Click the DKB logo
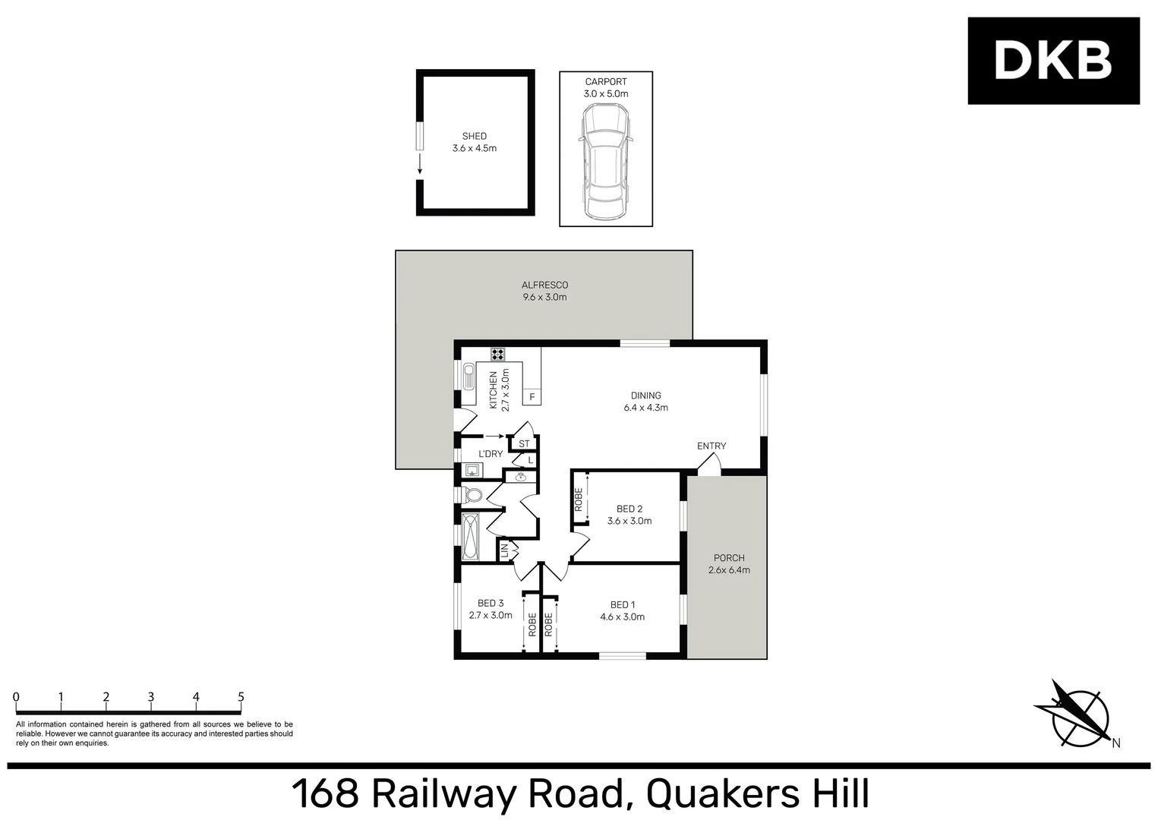click(1053, 61)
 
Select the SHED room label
click(475, 137)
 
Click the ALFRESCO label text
click(544, 285)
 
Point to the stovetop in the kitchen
click(498, 354)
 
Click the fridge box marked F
click(532, 397)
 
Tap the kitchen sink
click(469, 377)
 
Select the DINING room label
click(645, 396)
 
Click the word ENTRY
click(711, 446)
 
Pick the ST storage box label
click(524, 444)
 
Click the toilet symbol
click(473, 496)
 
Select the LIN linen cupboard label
click(505, 550)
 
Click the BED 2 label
click(629, 509)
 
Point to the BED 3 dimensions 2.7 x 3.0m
click(491, 616)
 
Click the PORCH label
click(729, 558)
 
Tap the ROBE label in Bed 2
click(579, 499)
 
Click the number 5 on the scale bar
click(241, 697)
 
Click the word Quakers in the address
click(721, 794)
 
